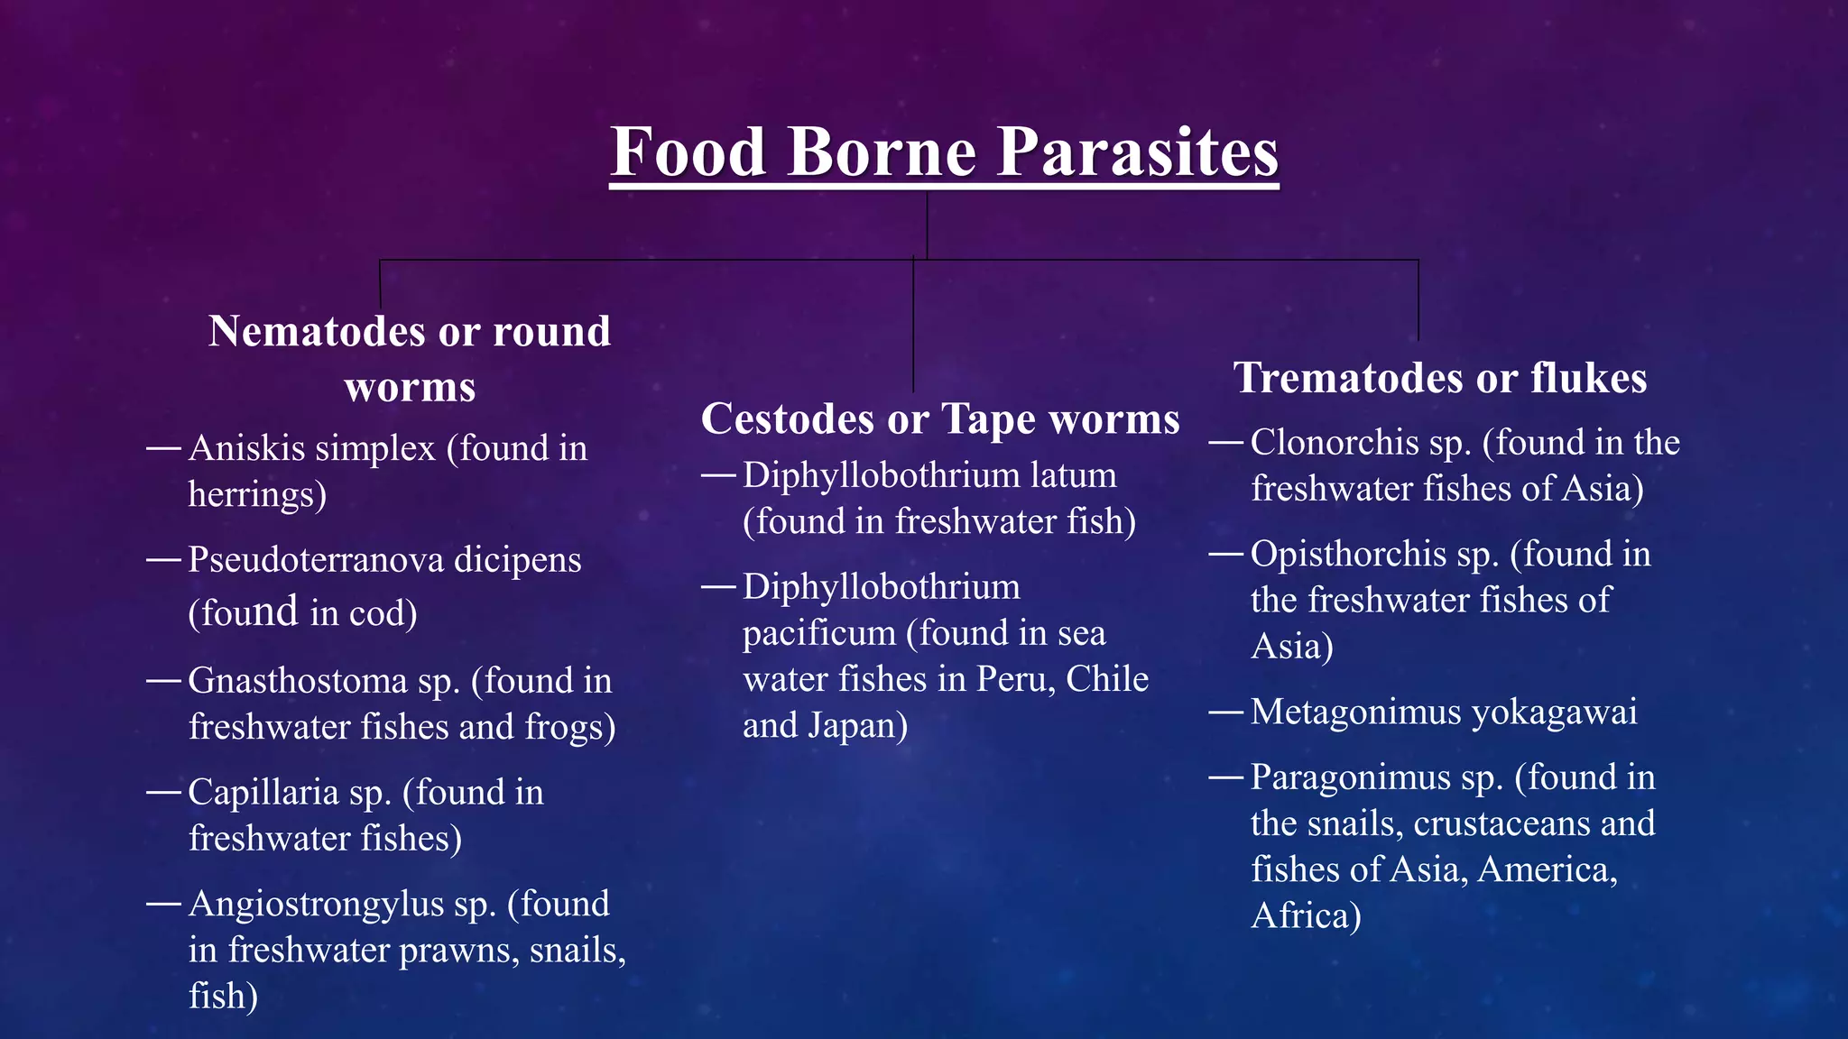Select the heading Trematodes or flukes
(x=1440, y=377)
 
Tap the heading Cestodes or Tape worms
(x=940, y=418)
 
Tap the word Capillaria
(x=263, y=793)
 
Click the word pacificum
(x=818, y=633)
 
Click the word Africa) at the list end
(x=1305, y=916)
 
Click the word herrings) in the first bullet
(x=257, y=494)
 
